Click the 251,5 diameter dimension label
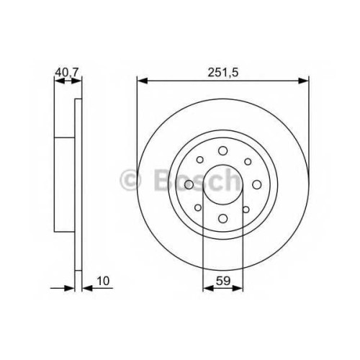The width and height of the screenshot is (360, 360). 223,72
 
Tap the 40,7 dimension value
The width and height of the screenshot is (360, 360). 67,72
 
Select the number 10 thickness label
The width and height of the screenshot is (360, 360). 103,281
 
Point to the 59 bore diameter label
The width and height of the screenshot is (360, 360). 223,281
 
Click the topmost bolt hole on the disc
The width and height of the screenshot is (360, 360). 223,150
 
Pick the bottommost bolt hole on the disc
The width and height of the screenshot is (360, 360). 223,218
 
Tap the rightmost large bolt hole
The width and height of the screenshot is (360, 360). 257,184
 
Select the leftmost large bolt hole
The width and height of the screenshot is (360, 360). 189,184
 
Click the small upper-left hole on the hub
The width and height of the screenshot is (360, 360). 199,160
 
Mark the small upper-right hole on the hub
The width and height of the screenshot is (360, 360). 248,161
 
